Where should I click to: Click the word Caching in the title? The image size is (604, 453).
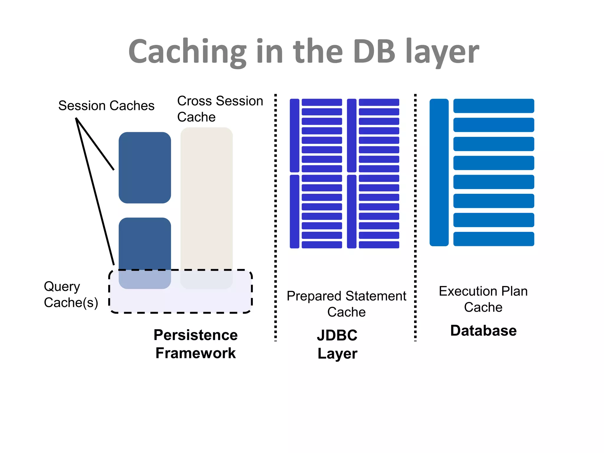187,52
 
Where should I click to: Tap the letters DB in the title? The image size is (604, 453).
374,52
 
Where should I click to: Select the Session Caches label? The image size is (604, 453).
106,106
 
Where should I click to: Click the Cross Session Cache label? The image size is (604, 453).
220,109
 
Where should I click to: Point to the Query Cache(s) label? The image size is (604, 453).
71,294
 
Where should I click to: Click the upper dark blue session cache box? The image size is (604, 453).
145,168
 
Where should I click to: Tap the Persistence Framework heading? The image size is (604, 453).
196,344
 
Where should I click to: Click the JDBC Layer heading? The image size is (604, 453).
337,344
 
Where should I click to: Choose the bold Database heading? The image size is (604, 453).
483,331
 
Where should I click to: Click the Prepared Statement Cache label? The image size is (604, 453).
346,304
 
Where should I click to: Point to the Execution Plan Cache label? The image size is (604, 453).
483,299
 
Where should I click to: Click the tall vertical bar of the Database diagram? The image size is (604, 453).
439,172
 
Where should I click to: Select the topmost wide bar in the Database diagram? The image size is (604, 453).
493,106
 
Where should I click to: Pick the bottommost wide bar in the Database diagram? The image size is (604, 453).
493,239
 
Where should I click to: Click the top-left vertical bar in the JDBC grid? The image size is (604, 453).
294,135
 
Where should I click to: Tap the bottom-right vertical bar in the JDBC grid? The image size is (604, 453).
352,211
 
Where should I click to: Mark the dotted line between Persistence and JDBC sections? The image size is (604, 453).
275,218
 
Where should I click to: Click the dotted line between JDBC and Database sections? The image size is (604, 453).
415,218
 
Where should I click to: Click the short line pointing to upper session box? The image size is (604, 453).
95,144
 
